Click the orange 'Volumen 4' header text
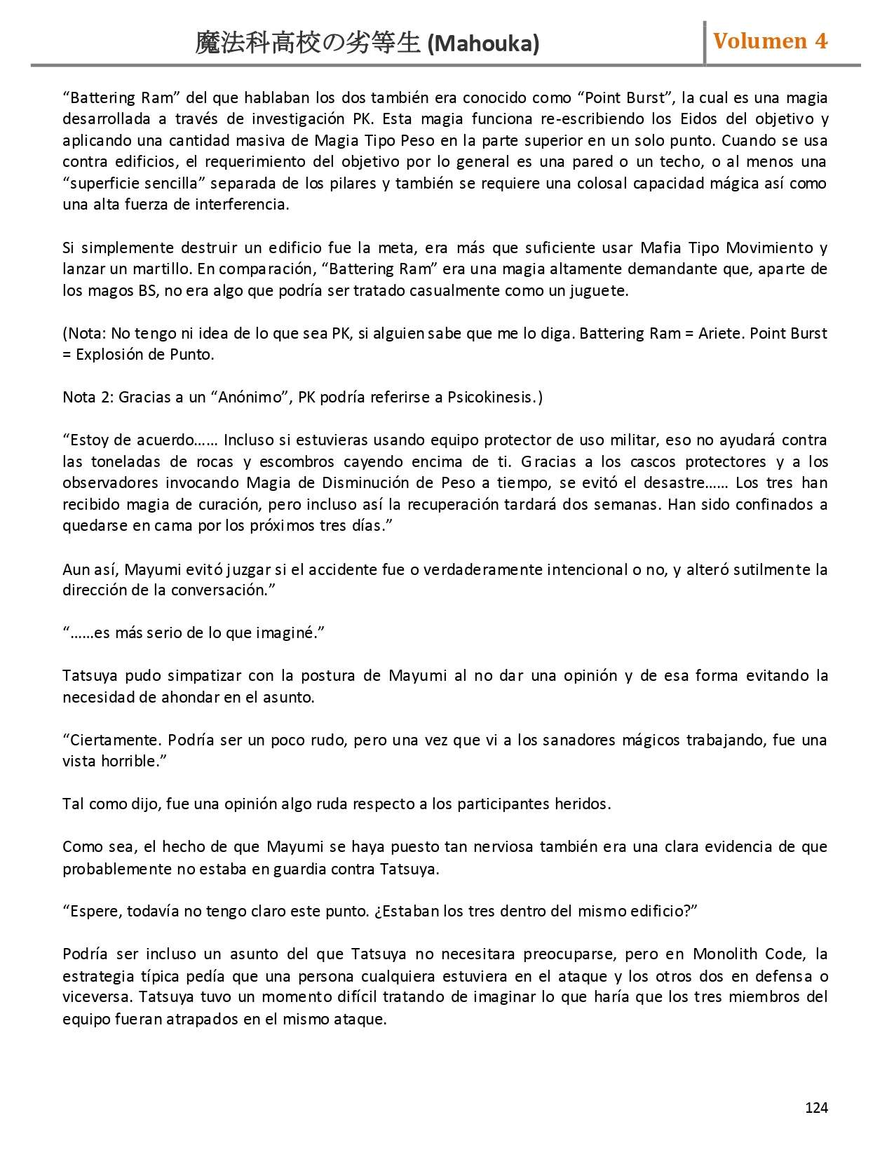[770, 41]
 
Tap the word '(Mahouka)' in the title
[483, 44]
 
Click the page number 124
[816, 1107]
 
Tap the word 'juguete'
[599, 290]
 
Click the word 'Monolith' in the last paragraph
[726, 954]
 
